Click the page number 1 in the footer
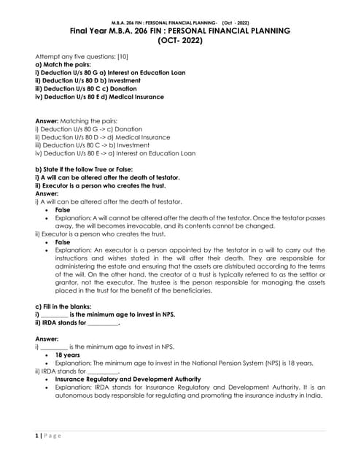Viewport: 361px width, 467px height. (x=37, y=436)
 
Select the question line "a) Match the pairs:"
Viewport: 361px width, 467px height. (x=61, y=64)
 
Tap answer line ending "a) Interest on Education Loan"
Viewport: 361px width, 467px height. (x=115, y=153)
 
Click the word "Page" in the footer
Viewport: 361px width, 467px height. (x=53, y=436)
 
